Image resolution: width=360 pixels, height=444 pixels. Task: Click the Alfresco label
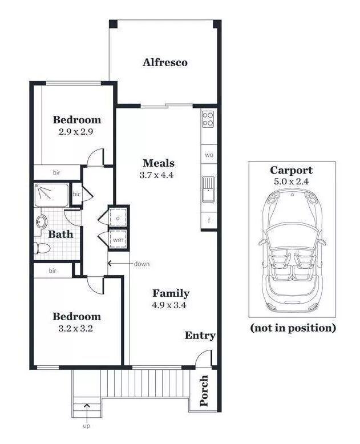pos(165,62)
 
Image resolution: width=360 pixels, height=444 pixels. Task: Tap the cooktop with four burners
pos(208,119)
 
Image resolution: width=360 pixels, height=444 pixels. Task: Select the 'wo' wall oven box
pos(209,155)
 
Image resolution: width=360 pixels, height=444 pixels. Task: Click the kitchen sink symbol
pos(208,189)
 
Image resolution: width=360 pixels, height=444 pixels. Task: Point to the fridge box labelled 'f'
pos(209,220)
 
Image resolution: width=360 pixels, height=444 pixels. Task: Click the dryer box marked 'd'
pos(118,217)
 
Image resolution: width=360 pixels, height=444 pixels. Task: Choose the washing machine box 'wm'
pos(118,240)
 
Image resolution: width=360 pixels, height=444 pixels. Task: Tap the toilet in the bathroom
pos(42,248)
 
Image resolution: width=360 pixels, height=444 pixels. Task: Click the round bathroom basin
pos(42,221)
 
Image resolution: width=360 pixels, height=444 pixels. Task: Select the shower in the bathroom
pos(51,195)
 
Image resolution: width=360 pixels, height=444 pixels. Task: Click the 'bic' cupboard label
pos(76,194)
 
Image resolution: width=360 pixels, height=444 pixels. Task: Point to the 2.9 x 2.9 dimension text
pos(76,132)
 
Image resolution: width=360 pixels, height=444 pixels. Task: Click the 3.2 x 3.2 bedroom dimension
pos(75,329)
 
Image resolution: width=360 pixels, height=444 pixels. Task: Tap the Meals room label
pos(159,163)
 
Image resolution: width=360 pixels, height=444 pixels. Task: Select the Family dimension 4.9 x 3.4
pos(169,305)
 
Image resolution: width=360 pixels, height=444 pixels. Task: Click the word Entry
pos(200,336)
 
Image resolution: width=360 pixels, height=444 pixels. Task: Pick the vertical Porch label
pos(204,391)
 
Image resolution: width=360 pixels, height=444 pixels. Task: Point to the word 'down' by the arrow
pos(142,264)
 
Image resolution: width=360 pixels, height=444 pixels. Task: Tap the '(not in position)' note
pos(293,328)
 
